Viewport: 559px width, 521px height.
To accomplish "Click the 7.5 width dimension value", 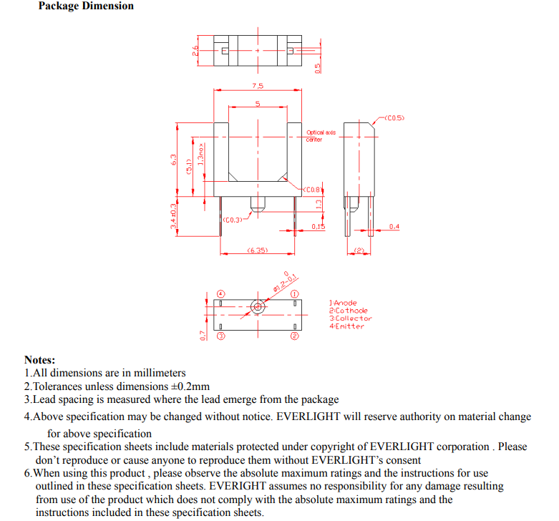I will pyautogui.click(x=258, y=86).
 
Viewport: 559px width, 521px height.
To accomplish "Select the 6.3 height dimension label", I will pyautogui.click(x=174, y=159).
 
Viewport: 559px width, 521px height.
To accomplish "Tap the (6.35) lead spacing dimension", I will pyautogui.click(x=257, y=250).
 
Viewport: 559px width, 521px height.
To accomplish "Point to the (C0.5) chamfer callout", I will pyautogui.click(x=394, y=117).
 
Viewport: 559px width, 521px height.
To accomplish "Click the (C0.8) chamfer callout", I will pyautogui.click(x=313, y=190).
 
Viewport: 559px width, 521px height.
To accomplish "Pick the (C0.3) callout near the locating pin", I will pyautogui.click(x=233, y=220).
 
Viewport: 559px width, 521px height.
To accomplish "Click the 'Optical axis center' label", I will pyautogui.click(x=320, y=136).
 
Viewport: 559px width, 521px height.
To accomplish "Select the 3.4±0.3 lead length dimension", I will pyautogui.click(x=173, y=215).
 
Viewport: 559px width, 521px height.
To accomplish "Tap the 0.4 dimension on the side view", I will pyautogui.click(x=394, y=227).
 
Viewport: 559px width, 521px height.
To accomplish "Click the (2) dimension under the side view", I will pyautogui.click(x=360, y=250).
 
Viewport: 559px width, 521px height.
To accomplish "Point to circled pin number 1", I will pyautogui.click(x=294, y=294).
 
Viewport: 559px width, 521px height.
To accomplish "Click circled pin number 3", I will pyautogui.click(x=221, y=335).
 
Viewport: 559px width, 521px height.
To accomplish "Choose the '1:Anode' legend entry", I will pyautogui.click(x=343, y=303).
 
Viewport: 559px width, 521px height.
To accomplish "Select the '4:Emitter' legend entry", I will pyautogui.click(x=346, y=326).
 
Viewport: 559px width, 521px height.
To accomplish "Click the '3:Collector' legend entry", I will pyautogui.click(x=351, y=318).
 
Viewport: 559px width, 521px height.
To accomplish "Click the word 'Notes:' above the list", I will pyautogui.click(x=39, y=360).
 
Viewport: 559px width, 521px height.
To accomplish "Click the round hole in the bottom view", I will pyautogui.click(x=258, y=307).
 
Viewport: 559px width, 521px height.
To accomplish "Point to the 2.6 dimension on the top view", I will pyautogui.click(x=195, y=50).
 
